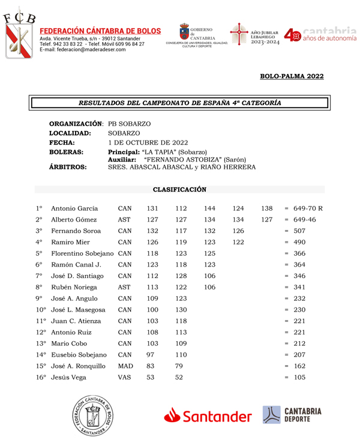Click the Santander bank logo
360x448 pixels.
(x=208, y=416)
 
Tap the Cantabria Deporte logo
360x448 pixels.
(x=293, y=416)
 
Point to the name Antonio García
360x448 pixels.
(x=74, y=208)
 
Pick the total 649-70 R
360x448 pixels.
(x=308, y=208)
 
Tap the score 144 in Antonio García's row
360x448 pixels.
(x=210, y=208)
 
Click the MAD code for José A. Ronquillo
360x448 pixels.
(x=125, y=366)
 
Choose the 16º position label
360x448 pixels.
(x=40, y=377)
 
